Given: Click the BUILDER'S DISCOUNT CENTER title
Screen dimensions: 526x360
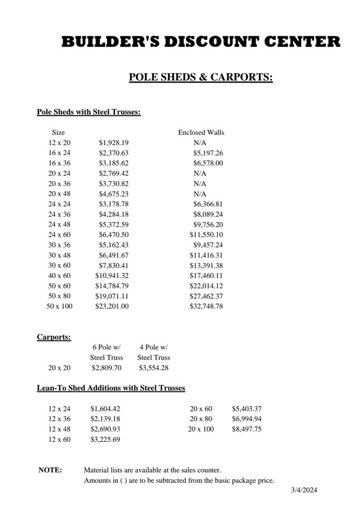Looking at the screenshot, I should [201, 42].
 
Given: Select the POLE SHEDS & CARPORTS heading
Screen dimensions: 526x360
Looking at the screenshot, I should [201, 78].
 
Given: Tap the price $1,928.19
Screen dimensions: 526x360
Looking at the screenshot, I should [114, 143].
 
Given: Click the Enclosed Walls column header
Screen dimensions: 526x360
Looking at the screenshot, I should [201, 133].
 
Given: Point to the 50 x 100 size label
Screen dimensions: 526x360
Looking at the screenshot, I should [59, 306].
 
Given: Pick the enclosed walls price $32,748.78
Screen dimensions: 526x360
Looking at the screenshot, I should [206, 306].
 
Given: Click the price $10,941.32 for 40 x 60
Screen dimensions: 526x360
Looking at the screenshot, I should [112, 276].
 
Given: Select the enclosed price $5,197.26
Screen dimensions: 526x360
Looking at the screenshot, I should [208, 153].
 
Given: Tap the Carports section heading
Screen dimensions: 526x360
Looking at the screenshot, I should [54, 337].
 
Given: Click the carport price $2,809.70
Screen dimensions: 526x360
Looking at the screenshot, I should [106, 368].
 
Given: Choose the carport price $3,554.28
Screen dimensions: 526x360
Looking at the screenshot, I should [154, 368].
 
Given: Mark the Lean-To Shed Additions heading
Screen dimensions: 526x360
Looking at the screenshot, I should [111, 389].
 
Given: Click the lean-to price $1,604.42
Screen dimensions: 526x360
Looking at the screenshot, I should [105, 409].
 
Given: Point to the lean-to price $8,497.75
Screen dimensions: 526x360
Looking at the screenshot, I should [247, 429].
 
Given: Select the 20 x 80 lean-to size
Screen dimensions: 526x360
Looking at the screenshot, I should [201, 419].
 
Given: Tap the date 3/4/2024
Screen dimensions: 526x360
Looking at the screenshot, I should [304, 490].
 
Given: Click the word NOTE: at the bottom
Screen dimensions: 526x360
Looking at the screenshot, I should [50, 470].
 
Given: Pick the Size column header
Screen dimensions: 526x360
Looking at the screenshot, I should [58, 133].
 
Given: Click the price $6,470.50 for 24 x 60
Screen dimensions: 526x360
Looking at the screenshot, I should [114, 235].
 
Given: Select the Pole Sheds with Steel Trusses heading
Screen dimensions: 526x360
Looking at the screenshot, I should [88, 112].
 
